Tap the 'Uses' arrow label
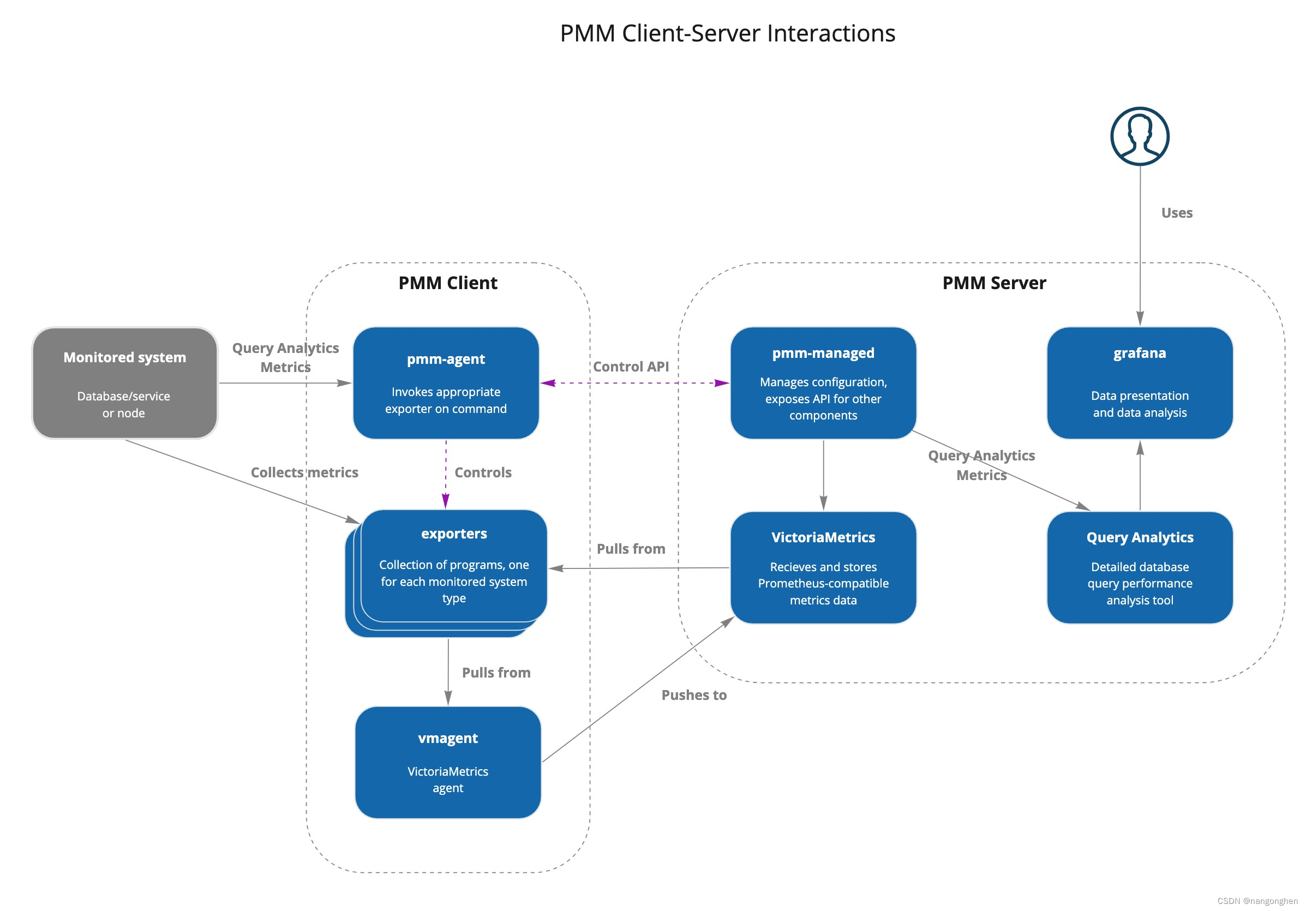1176,213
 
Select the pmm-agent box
445,383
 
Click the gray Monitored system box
124,383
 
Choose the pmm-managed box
823,383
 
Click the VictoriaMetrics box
823,567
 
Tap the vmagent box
448,762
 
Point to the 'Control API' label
631,367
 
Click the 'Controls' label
483,472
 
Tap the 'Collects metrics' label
304,472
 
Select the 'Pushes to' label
694,695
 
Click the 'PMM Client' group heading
448,283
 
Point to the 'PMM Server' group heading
994,283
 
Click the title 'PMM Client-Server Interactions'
728,33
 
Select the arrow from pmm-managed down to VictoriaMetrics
823,475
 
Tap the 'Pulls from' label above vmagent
496,673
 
